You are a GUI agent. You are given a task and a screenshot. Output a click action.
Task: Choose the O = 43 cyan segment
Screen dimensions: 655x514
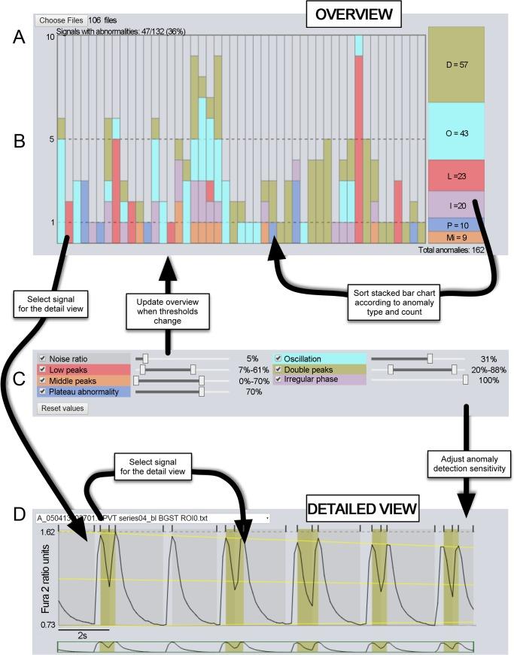[x=455, y=133]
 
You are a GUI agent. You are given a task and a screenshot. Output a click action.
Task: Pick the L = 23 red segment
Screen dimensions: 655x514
[x=455, y=175]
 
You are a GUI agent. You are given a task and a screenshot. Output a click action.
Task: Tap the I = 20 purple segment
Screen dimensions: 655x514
[x=455, y=204]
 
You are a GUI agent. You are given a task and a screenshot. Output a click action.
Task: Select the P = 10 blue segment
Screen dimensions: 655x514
[x=455, y=224]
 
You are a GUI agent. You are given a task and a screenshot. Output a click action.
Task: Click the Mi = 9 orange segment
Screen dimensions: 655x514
[x=455, y=236]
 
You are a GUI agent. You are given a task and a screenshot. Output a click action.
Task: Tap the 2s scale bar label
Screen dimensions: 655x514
[x=84, y=635]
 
